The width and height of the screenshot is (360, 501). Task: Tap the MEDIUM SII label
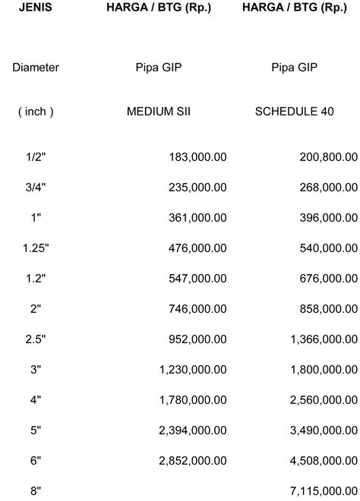(159, 112)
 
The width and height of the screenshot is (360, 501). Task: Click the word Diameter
(35, 68)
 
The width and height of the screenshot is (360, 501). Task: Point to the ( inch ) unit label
(35, 112)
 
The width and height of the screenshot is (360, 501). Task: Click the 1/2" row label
(35, 156)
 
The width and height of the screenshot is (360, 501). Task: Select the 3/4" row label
(35, 187)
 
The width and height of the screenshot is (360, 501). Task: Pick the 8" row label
(35, 492)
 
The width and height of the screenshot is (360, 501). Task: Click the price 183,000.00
(197, 156)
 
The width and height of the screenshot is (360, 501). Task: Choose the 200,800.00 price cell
(327, 156)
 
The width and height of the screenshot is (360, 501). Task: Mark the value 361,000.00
(197, 217)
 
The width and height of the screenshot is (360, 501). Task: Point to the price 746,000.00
(197, 310)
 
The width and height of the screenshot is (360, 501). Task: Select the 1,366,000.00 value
(324, 340)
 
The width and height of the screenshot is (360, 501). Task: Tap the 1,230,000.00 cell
(192, 370)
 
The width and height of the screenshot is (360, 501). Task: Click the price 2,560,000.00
(324, 400)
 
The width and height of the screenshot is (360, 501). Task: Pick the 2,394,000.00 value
(192, 430)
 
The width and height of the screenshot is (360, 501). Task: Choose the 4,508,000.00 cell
(324, 461)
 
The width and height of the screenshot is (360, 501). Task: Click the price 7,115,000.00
(324, 492)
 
